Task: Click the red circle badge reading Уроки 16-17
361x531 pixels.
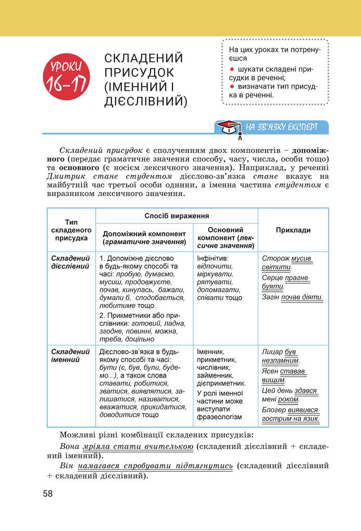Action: (x=66, y=74)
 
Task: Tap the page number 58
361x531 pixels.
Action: (x=48, y=493)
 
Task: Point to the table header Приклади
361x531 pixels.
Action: (x=293, y=230)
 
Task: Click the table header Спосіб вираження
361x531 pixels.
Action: (x=177, y=215)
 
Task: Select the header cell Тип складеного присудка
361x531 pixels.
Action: (x=71, y=230)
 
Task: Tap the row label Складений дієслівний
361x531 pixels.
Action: (x=71, y=262)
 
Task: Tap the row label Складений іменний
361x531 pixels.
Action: (x=71, y=355)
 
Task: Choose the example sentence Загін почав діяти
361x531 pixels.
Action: (x=292, y=298)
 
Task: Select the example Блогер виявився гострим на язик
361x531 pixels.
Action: (x=291, y=414)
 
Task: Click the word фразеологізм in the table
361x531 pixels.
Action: (x=219, y=417)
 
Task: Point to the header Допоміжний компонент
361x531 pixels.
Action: (x=144, y=234)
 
